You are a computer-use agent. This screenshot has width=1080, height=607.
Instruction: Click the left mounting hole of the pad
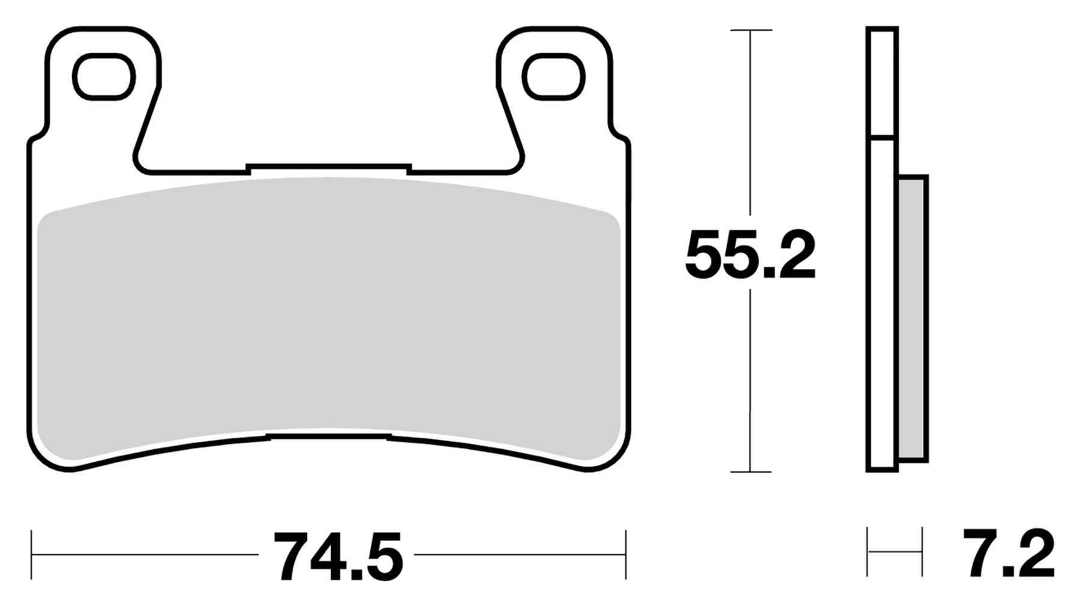point(103,77)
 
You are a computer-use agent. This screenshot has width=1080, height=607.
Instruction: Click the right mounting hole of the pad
point(553,77)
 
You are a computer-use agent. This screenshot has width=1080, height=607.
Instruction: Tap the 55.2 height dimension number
point(750,256)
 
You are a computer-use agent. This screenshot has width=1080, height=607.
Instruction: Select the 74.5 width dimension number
point(338,556)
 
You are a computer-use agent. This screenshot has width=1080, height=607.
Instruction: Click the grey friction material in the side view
point(913,318)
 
